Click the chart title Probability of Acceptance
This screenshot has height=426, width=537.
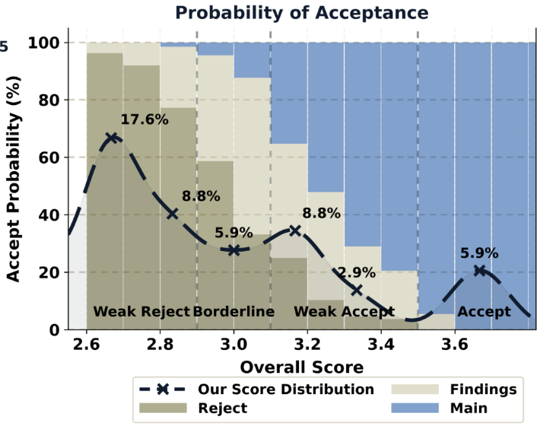(302, 13)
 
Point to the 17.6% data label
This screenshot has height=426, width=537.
(145, 119)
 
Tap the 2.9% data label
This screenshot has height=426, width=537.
(357, 273)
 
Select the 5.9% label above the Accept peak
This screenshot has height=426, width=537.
(479, 253)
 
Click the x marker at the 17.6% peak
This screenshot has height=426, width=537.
(112, 138)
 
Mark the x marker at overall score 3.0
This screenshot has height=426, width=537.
(234, 250)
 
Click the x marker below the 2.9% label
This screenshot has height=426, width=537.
(357, 291)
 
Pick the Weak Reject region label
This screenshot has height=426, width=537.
(141, 312)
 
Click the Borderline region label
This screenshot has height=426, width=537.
(234, 312)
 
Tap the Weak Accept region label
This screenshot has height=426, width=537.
(345, 312)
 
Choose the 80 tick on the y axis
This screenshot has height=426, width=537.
(49, 100)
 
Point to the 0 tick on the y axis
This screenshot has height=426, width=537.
(54, 330)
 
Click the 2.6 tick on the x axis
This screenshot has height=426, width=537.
(86, 344)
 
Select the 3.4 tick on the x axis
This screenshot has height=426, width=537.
(381, 344)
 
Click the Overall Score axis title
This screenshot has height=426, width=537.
(302, 367)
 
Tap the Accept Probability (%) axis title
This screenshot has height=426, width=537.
(13, 179)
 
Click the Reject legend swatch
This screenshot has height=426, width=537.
(163, 408)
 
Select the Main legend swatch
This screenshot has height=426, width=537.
(415, 408)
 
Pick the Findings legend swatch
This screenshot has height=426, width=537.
(415, 389)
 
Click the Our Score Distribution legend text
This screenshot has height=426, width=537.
(286, 389)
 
